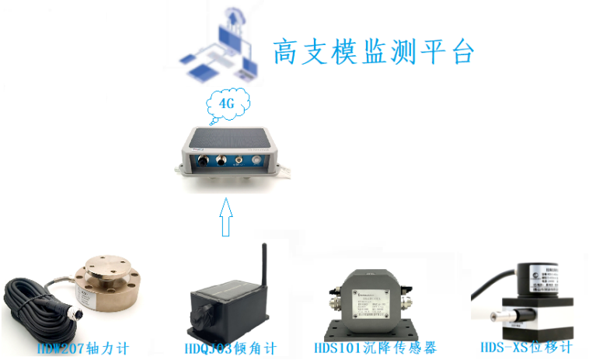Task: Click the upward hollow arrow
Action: [x=226, y=216]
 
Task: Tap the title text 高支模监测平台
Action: [x=373, y=51]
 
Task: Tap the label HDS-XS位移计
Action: [x=527, y=348]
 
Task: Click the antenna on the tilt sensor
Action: [x=263, y=265]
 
